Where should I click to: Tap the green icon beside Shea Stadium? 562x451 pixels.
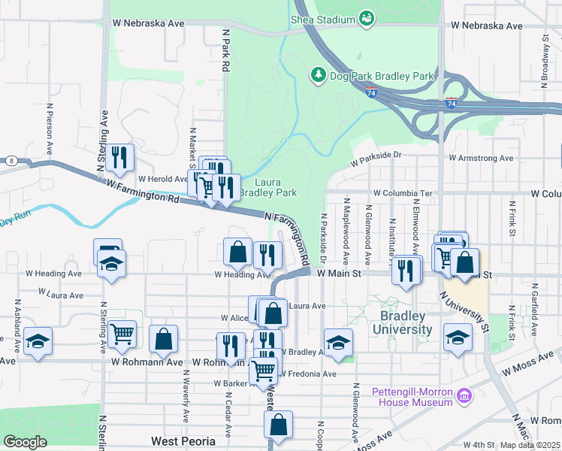(367, 17)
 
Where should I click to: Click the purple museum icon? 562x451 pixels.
(464, 394)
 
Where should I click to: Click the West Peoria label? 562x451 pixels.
(183, 441)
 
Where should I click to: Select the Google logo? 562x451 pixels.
(25, 441)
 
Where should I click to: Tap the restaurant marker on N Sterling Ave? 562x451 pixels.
(119, 158)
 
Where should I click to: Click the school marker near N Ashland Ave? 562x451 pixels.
(38, 341)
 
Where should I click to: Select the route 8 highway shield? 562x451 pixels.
(11, 160)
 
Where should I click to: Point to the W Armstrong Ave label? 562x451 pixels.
(481, 159)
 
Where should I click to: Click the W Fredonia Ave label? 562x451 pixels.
(308, 374)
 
